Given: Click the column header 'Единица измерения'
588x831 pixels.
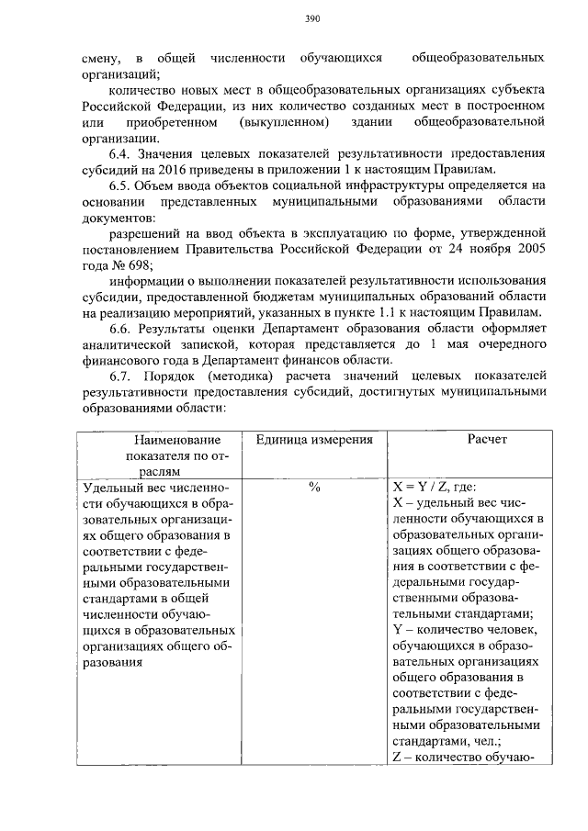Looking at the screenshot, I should (x=313, y=441).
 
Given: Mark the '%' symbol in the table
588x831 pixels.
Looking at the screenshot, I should (x=313, y=488).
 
